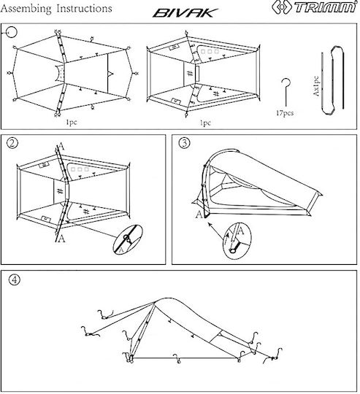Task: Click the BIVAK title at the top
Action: click(x=185, y=13)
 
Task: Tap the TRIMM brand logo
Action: click(x=314, y=7)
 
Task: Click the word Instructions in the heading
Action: click(x=85, y=8)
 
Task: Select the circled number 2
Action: click(x=12, y=143)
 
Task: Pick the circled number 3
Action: click(x=184, y=143)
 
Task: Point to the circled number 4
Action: click(x=15, y=279)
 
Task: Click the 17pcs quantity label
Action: click(x=285, y=113)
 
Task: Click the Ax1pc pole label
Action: click(x=316, y=86)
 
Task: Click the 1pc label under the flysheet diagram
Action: click(x=72, y=123)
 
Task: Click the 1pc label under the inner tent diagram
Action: click(x=205, y=123)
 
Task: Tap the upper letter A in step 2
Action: click(x=61, y=147)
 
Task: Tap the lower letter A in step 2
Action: click(x=61, y=239)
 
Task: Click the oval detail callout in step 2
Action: click(x=128, y=239)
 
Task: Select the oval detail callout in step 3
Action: click(x=237, y=240)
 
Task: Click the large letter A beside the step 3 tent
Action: click(x=199, y=215)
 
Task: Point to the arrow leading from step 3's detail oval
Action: click(x=216, y=230)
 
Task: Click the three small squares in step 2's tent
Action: click(x=80, y=169)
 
